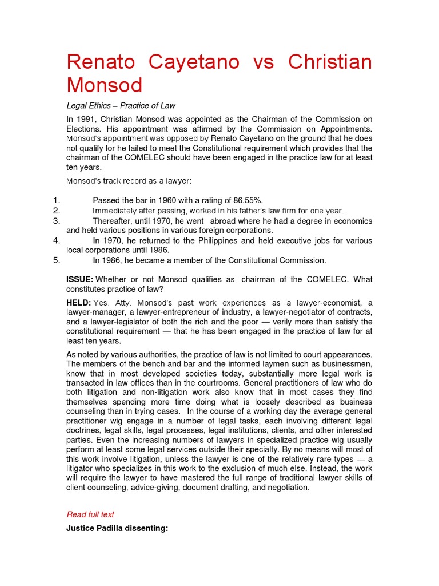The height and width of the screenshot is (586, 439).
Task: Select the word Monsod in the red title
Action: pos(104,85)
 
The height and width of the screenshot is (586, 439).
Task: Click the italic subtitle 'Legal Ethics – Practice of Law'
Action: pos(121,106)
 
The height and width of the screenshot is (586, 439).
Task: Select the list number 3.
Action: pos(56,220)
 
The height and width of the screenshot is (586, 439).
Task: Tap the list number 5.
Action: pos(56,260)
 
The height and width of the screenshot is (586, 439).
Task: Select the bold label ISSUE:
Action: pos(80,279)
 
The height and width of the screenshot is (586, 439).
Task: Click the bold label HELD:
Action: pos(79,302)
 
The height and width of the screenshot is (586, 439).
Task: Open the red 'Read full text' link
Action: pos(90,514)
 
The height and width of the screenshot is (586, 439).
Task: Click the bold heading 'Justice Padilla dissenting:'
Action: pos(117,529)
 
